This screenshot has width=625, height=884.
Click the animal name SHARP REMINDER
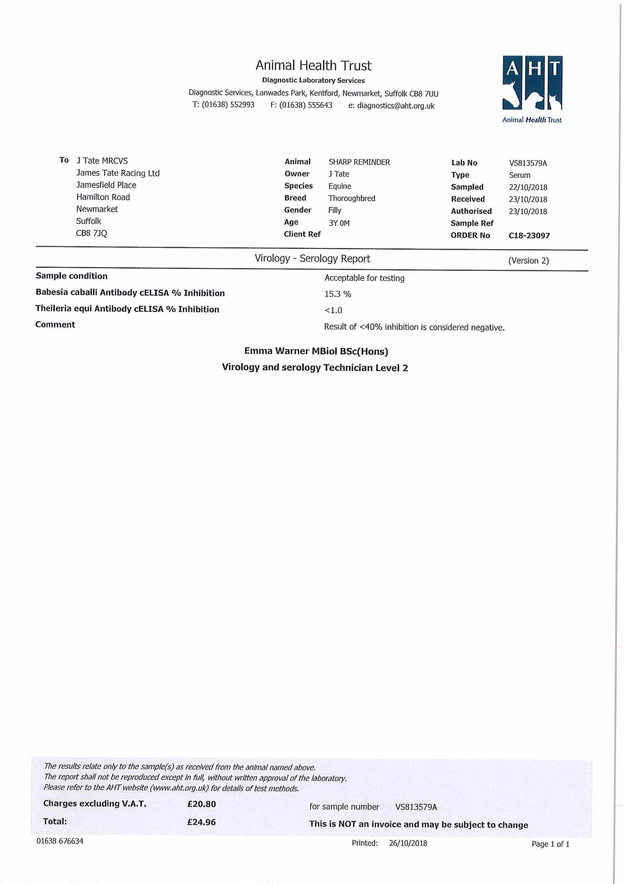point(359,162)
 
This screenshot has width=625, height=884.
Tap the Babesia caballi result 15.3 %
point(337,294)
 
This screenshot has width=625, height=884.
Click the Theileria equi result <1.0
point(333,310)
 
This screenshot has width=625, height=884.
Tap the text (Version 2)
point(528,261)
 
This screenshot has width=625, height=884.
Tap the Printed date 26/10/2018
point(408,843)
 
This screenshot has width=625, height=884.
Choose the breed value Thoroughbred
point(351,198)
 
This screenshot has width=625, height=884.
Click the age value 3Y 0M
point(339,223)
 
